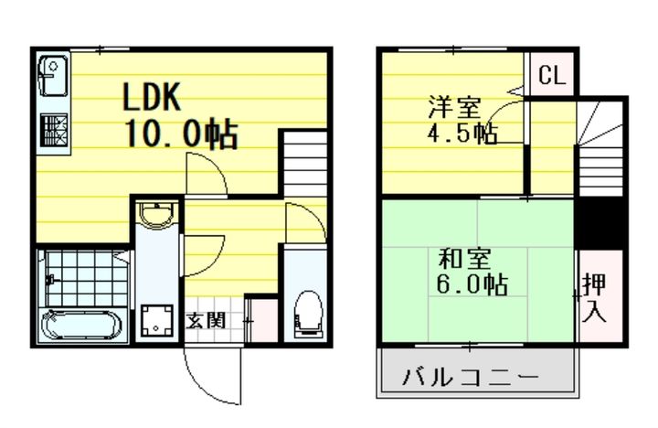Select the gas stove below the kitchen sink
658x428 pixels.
53,129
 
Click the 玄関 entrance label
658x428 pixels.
207,321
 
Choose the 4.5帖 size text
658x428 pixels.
463,134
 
